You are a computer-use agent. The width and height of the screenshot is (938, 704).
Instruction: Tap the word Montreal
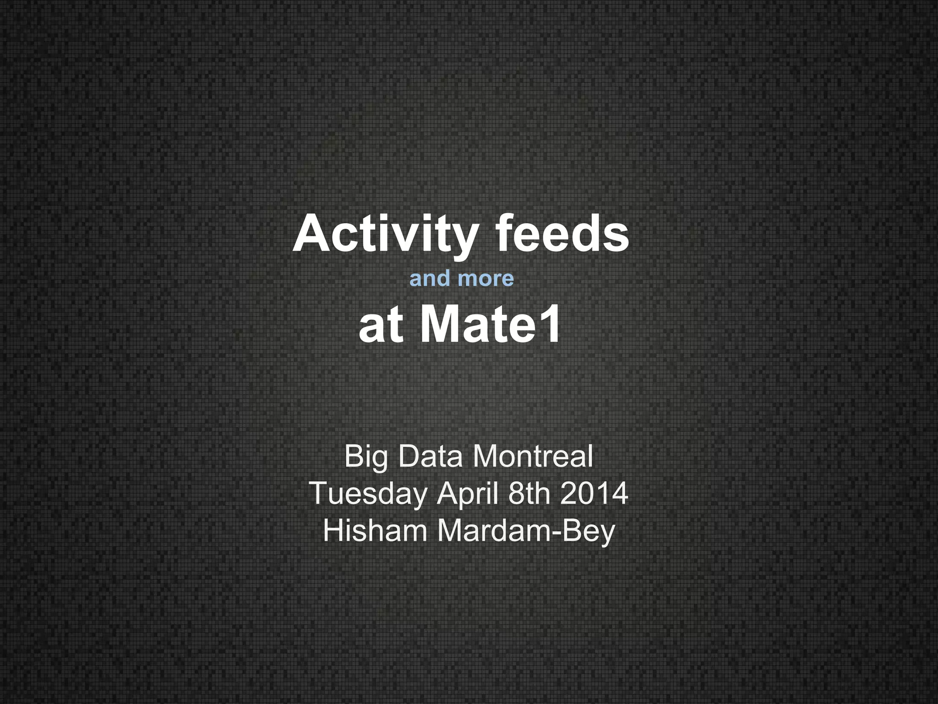pyautogui.click(x=532, y=456)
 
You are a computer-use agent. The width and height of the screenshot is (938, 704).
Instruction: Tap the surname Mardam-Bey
pyautogui.click(x=526, y=531)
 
